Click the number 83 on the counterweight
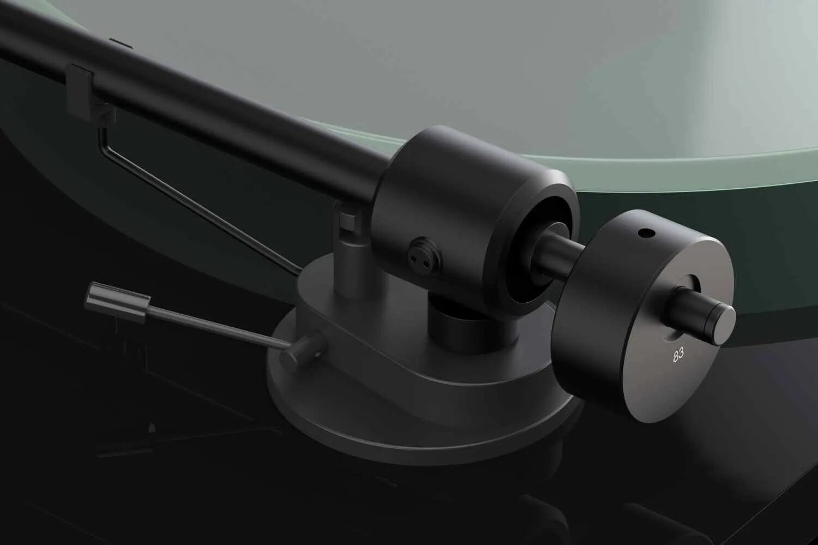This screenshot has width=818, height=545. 678,355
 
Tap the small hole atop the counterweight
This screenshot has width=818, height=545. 646,233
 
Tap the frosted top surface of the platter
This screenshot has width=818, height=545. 545,65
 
